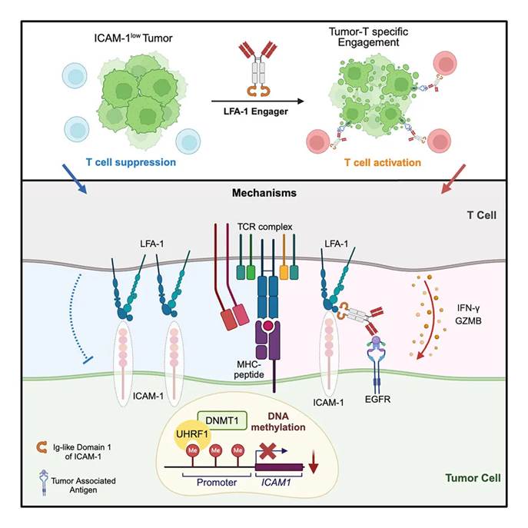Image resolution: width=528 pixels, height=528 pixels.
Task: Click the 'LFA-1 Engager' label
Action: click(263, 115)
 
